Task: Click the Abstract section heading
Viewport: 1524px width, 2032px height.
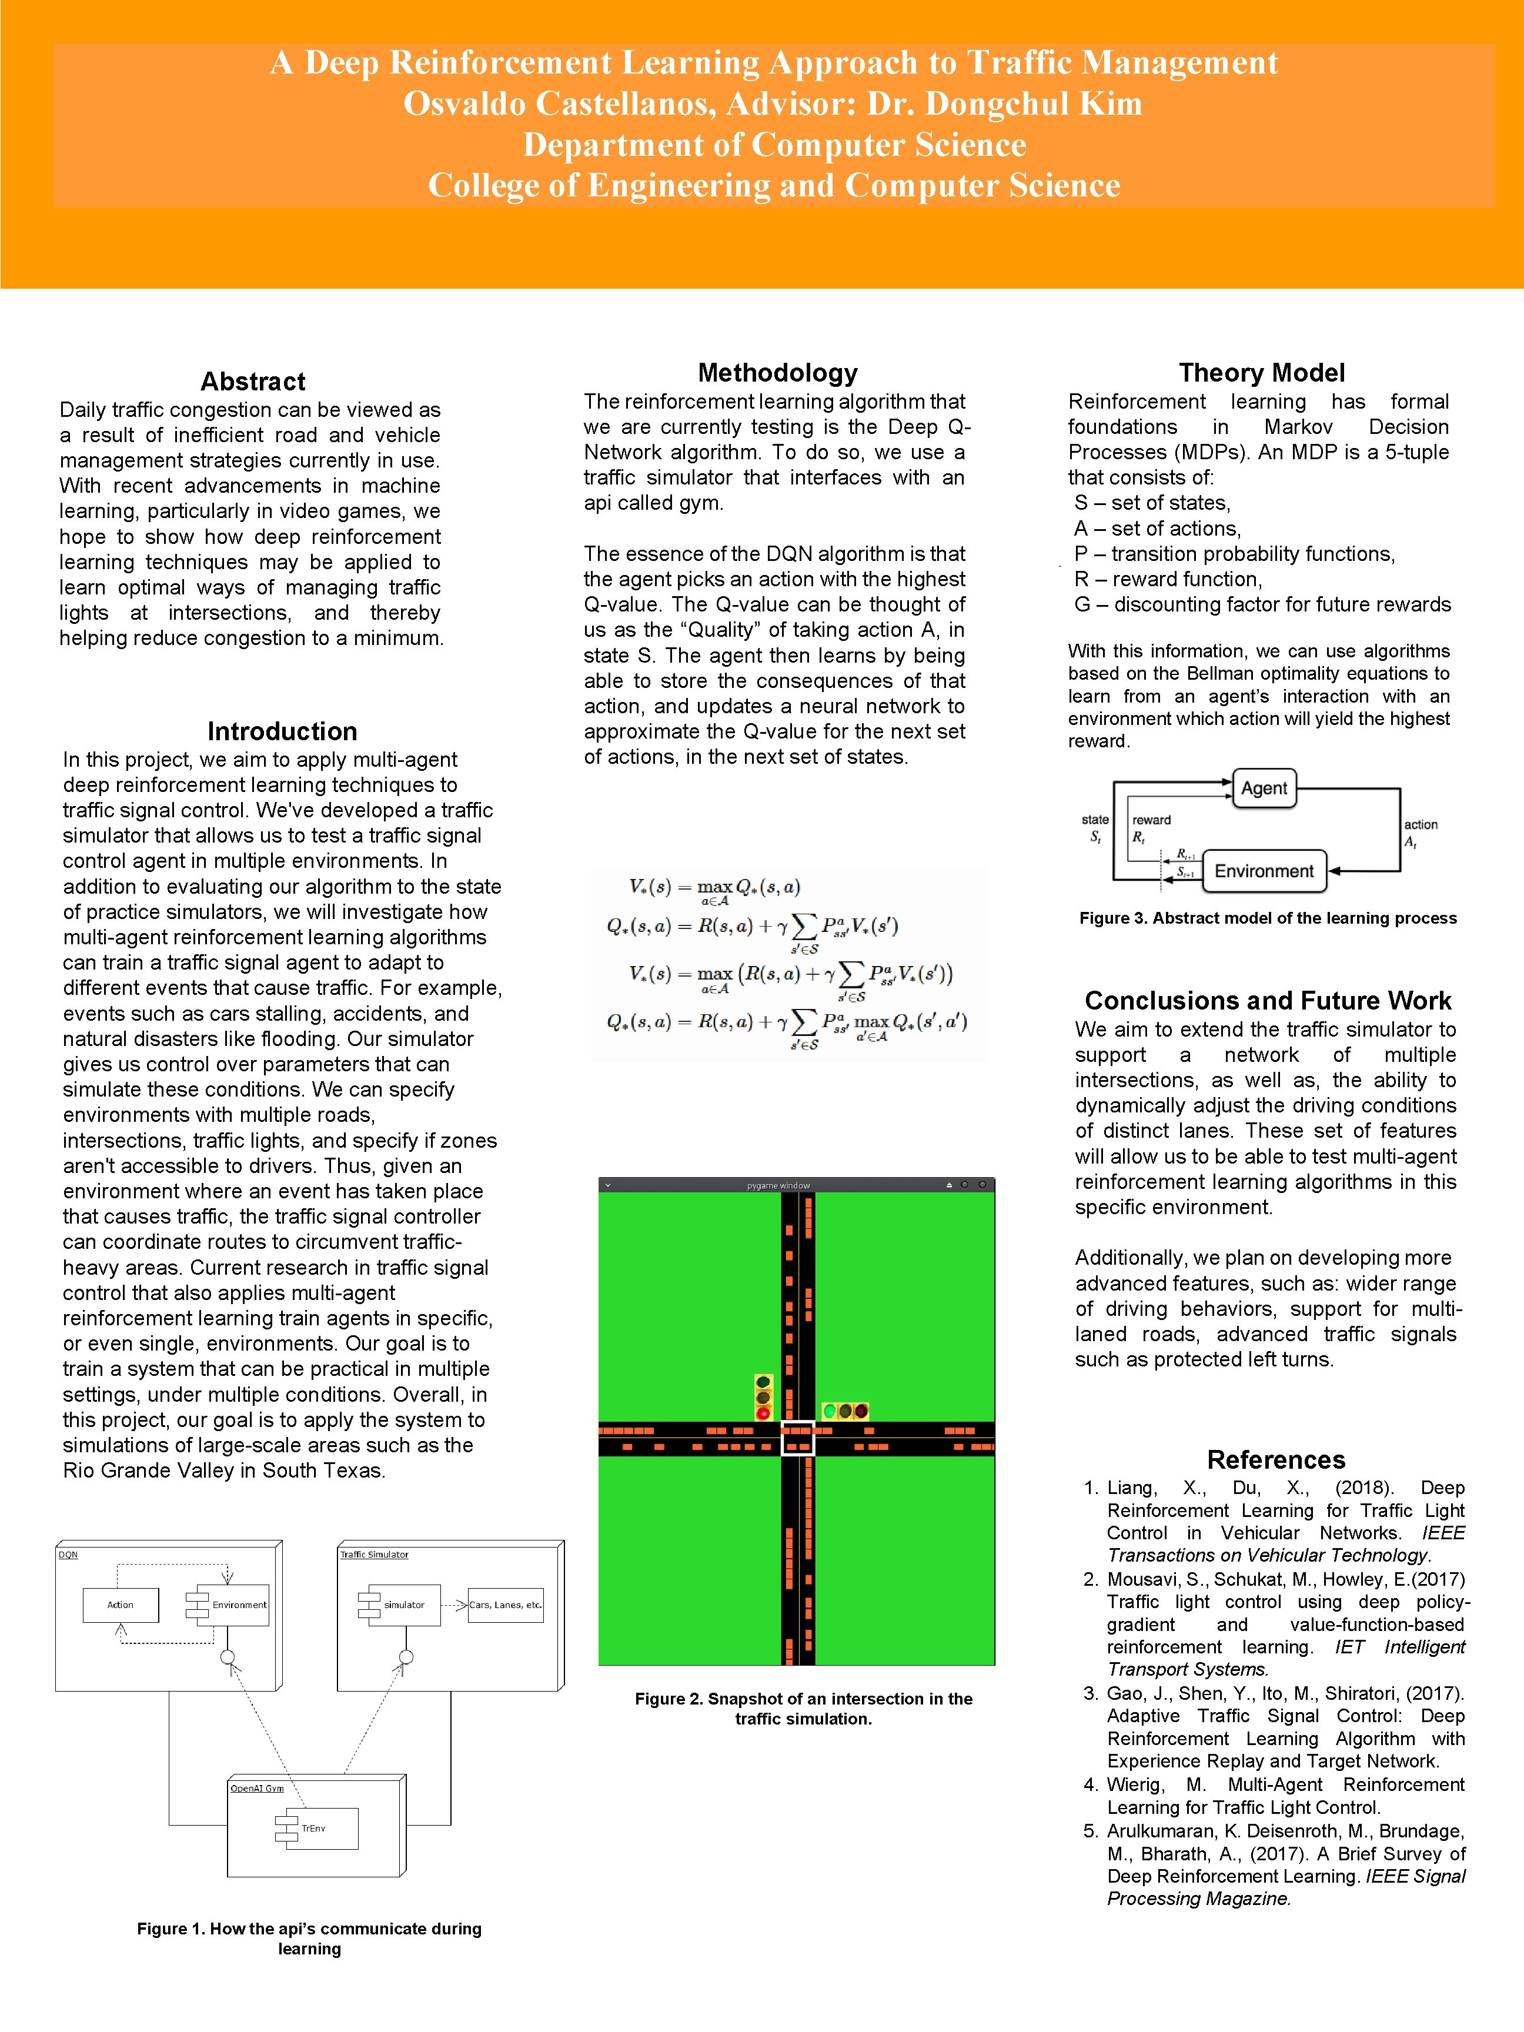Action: coord(253,381)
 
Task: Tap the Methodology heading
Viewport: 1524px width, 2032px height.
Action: coord(777,372)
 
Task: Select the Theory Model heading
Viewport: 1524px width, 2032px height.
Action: coord(1261,372)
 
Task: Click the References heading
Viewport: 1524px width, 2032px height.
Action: coord(1275,1460)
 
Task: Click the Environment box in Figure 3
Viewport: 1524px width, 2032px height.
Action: coord(1264,871)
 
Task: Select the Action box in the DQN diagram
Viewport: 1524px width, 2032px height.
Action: coord(121,1605)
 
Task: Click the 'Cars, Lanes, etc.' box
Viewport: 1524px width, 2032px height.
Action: coord(505,1605)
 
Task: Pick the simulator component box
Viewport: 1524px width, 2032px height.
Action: coord(404,1605)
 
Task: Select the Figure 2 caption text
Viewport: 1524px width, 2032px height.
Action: coord(803,1709)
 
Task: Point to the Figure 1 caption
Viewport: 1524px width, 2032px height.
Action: coord(310,1939)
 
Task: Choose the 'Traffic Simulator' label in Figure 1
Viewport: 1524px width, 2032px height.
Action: coord(374,1555)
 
